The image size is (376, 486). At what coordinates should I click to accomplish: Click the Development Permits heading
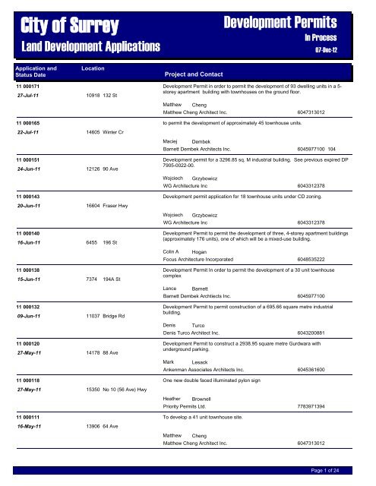pyautogui.click(x=303, y=23)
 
